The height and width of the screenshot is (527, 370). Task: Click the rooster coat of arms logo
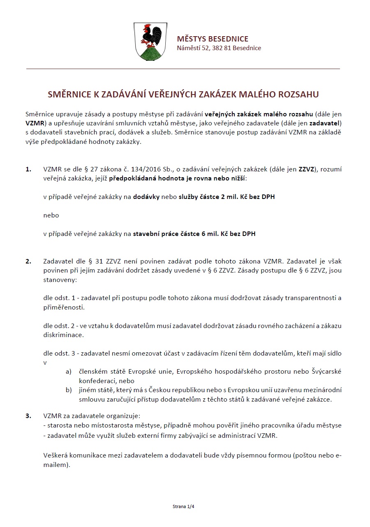[149, 42]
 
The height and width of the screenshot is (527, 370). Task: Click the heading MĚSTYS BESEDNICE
[212, 39]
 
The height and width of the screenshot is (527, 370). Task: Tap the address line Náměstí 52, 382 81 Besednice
[219, 48]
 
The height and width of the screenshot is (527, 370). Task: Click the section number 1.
[28, 169]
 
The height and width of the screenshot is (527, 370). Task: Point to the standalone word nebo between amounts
[51, 215]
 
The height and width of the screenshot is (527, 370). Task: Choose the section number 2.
[28, 261]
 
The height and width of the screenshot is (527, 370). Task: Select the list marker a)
[69, 372]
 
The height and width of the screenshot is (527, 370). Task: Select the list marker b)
[69, 390]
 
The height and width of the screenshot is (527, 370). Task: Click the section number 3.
[28, 416]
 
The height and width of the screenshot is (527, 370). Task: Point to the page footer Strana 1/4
[183, 507]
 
